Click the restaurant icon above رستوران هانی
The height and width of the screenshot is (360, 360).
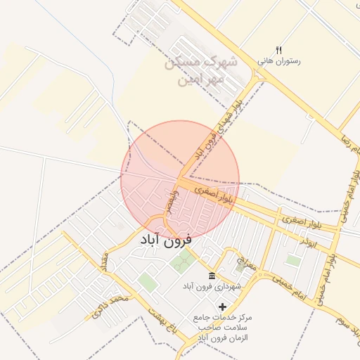coord(278,50)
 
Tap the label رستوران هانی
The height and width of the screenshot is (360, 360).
coord(279,61)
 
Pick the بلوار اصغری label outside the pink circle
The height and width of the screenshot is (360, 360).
coord(301,221)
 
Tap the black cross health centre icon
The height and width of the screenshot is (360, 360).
coord(223,307)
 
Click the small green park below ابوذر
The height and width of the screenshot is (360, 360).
coord(294,260)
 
